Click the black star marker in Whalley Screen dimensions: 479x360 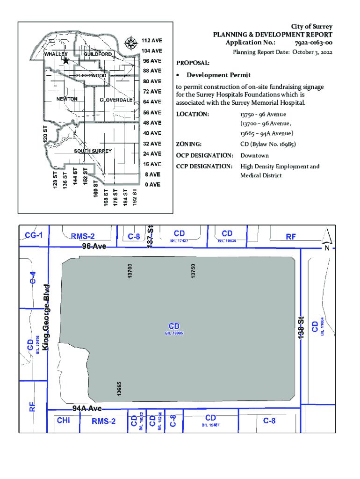click(66, 60)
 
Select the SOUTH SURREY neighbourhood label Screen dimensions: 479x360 click(93, 151)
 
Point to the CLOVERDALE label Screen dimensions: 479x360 click(115, 101)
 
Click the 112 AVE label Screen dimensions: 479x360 click(152, 40)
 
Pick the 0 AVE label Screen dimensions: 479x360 click(152, 184)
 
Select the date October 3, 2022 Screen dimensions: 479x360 click(312, 52)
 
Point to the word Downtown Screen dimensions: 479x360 click(254, 155)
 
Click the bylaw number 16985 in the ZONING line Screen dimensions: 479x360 click(286, 144)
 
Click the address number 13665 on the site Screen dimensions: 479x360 click(119, 390)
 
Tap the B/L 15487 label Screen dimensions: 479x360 click(210, 425)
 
